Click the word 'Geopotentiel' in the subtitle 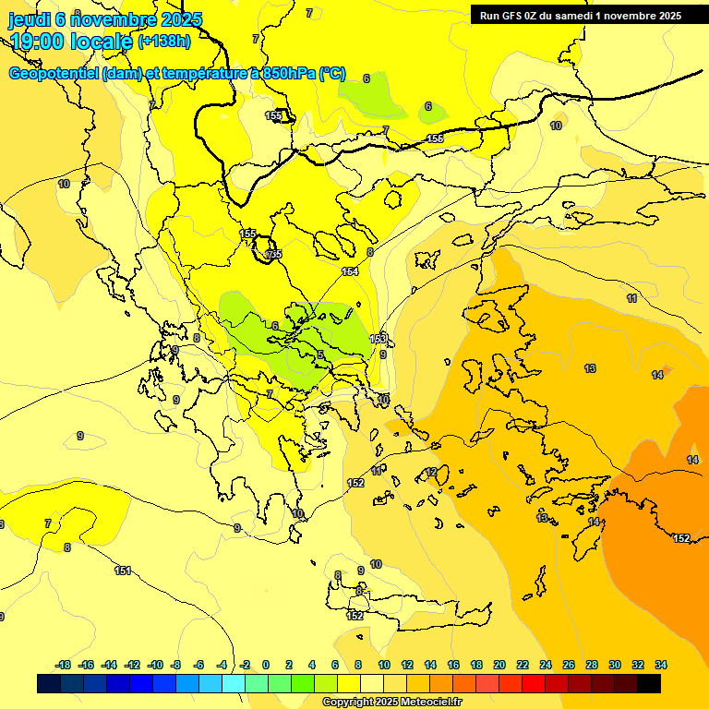click(x=54, y=74)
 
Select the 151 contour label click(x=122, y=571)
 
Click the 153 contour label click(x=379, y=340)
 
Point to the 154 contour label click(x=350, y=271)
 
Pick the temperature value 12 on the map click(x=430, y=473)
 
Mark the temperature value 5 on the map click(x=320, y=355)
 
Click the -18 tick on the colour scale click(x=63, y=665)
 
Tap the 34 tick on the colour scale click(x=661, y=665)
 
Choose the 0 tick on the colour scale click(x=266, y=665)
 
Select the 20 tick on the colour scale click(x=499, y=665)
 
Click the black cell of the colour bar click(x=649, y=684)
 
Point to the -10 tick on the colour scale click(x=154, y=665)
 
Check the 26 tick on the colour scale click(x=569, y=665)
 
